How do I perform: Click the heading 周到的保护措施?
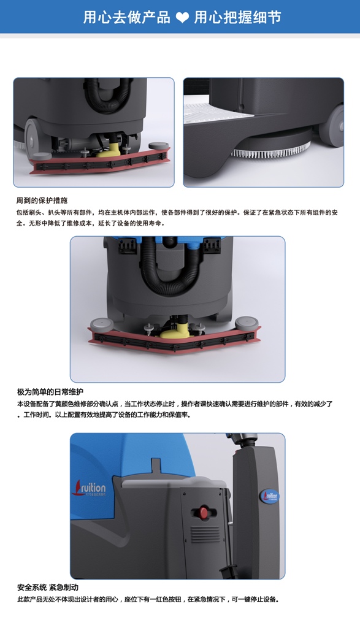42,201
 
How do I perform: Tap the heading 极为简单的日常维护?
50,392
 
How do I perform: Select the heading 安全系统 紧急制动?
48,588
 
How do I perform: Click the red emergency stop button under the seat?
204,511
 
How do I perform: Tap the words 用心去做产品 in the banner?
126,18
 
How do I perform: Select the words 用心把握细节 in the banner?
237,18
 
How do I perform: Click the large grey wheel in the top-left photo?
32,136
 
